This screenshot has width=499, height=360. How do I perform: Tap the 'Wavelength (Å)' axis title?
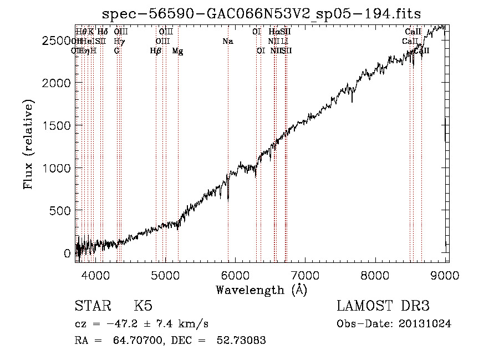pyautogui.click(x=261, y=290)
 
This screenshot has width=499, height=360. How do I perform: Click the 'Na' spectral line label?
pyautogui.click(x=228, y=42)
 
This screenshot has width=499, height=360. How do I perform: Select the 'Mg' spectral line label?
pyautogui.click(x=177, y=51)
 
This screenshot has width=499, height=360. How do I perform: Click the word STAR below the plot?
pyautogui.click(x=92, y=306)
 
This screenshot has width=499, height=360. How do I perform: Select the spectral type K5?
pyautogui.click(x=144, y=306)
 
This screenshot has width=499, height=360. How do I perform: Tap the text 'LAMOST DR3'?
pyautogui.click(x=383, y=306)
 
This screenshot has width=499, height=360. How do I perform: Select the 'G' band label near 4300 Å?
pyautogui.click(x=116, y=51)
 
